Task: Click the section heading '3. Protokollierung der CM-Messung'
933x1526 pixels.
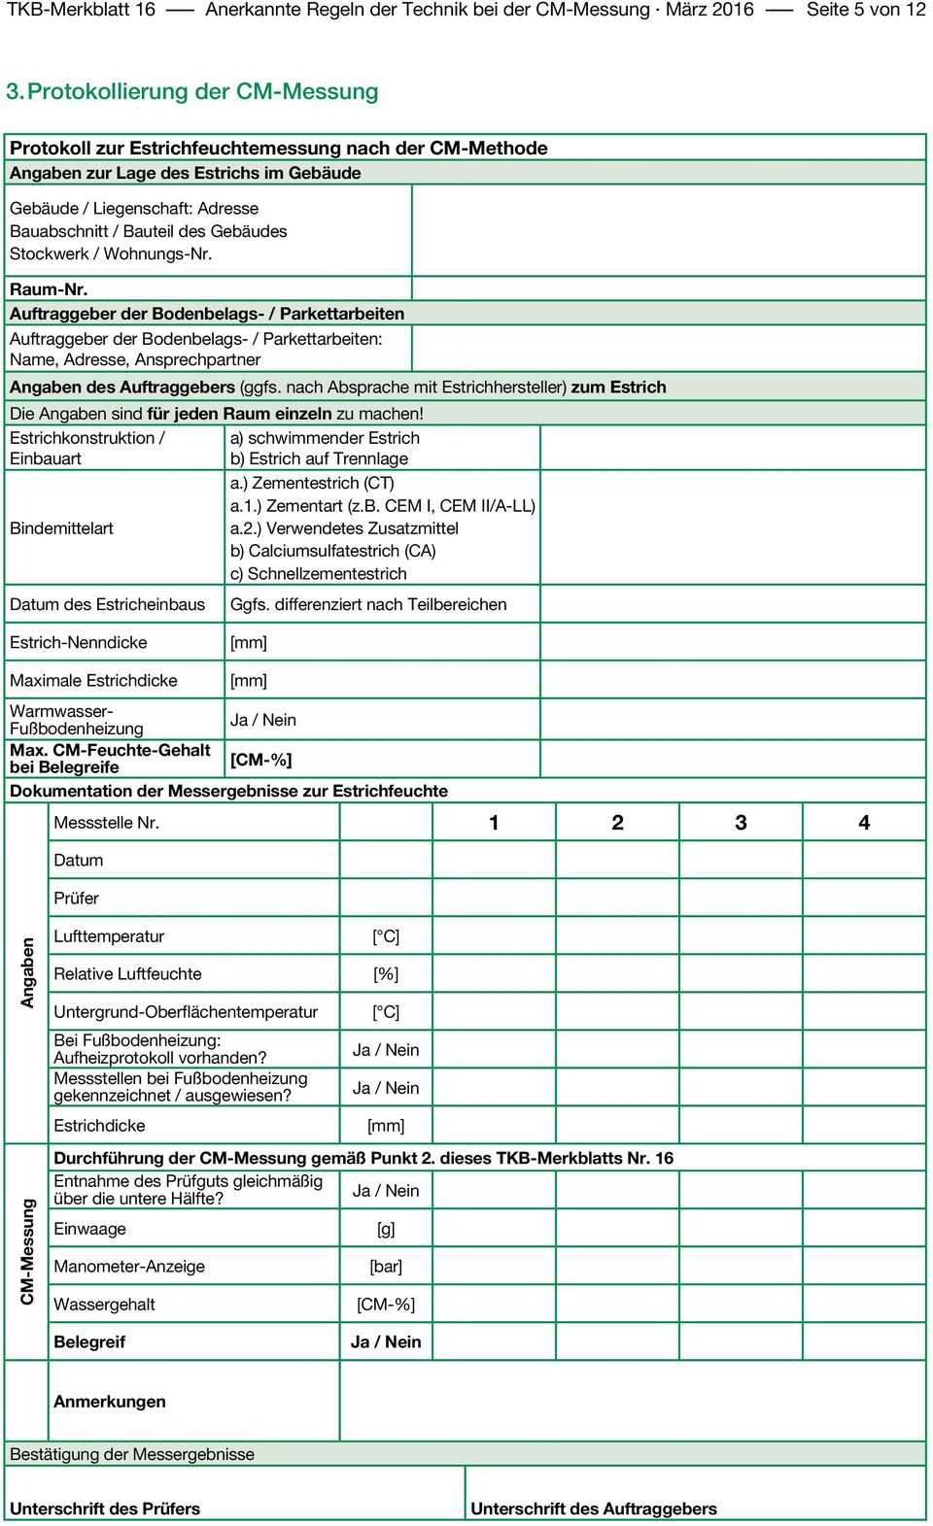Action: coord(192,91)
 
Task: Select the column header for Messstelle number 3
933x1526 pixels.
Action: coord(741,823)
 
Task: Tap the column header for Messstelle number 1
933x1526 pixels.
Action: coord(494,823)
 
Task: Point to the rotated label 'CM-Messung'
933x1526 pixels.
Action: coord(27,1251)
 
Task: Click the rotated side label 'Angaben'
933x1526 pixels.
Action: coord(27,972)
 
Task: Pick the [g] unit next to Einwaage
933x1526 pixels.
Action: coord(386,1229)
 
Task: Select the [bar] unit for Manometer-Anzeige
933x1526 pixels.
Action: coord(386,1267)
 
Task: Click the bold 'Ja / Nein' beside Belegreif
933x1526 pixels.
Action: coord(386,1342)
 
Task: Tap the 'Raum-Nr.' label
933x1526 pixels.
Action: coord(49,289)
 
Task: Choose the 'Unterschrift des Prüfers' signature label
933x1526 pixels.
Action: coord(105,1509)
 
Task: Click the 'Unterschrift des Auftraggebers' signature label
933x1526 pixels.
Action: coord(594,1509)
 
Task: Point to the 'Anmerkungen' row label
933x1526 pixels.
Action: coord(110,1402)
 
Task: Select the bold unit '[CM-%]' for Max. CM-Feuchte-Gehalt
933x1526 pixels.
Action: coord(260,760)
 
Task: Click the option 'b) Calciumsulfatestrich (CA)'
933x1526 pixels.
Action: coord(332,551)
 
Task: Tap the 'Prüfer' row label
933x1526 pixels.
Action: coord(76,899)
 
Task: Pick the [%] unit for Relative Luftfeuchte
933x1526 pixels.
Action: coord(386,974)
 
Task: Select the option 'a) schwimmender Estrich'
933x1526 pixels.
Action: coord(325,438)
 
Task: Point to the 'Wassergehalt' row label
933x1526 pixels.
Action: coord(104,1305)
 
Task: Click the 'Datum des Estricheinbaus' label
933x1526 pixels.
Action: coord(107,604)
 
